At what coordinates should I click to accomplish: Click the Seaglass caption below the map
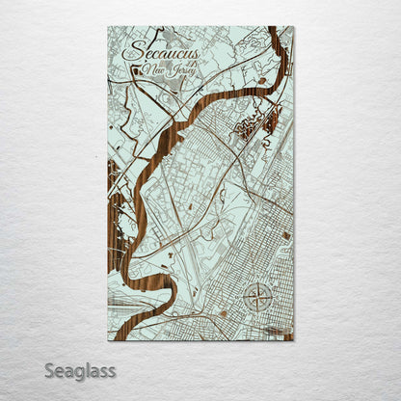click(80, 370)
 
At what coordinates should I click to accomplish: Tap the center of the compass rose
click(257, 297)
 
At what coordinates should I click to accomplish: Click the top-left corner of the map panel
click(109, 27)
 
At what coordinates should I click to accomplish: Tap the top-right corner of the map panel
click(293, 27)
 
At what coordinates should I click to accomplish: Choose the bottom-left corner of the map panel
click(109, 341)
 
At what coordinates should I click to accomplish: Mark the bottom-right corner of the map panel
click(293, 341)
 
